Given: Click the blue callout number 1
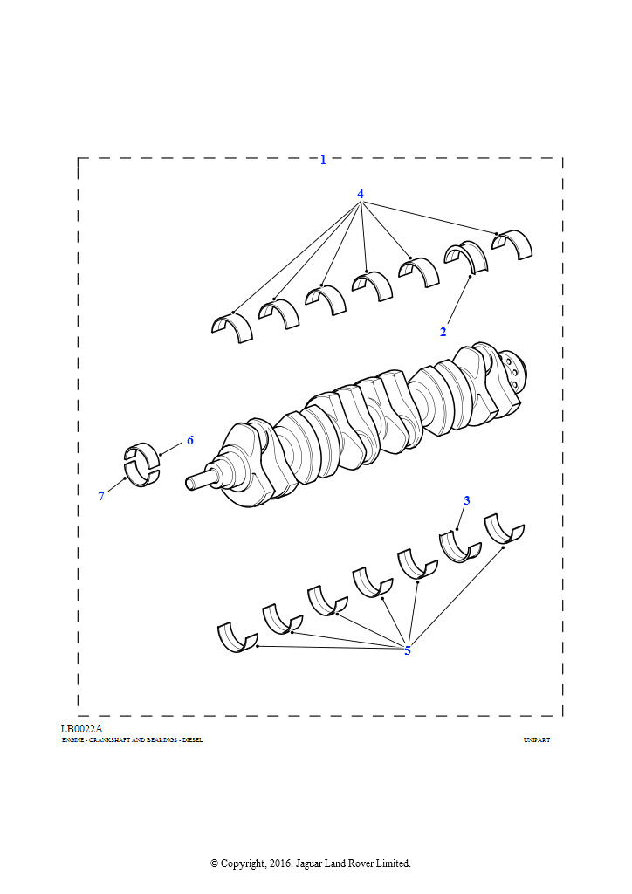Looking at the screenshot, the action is pos(323,161).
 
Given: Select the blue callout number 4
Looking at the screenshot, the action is pos(361,194).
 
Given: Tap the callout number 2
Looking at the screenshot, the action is pos(443,331).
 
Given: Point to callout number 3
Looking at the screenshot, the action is pos(467,500).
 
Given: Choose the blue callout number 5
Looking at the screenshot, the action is pos(408,650).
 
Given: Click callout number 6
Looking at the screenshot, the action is pos(190,440).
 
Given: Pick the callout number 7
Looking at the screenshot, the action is pos(101,496).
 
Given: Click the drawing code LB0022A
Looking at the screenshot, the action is pos(81,729).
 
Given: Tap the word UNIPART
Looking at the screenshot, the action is pos(537,740).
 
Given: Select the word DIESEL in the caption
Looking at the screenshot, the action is pos(192,740).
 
